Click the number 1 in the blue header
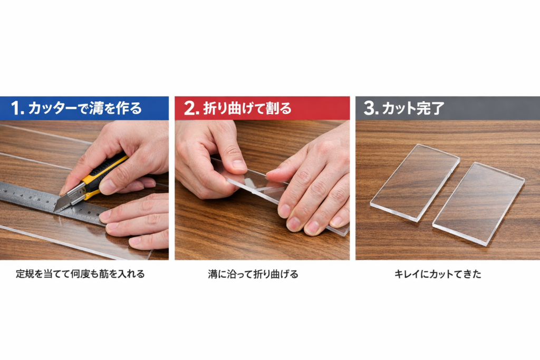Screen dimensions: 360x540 click(16, 109)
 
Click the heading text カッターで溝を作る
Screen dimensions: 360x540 click(85, 109)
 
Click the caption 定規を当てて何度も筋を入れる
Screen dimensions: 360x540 click(80, 274)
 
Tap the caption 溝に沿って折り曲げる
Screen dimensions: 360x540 click(253, 274)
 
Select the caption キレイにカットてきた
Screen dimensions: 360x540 click(438, 274)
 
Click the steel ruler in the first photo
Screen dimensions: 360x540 click(32, 198)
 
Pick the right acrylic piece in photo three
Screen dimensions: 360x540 click(479, 202)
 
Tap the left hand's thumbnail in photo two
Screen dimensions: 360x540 click(239, 164)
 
